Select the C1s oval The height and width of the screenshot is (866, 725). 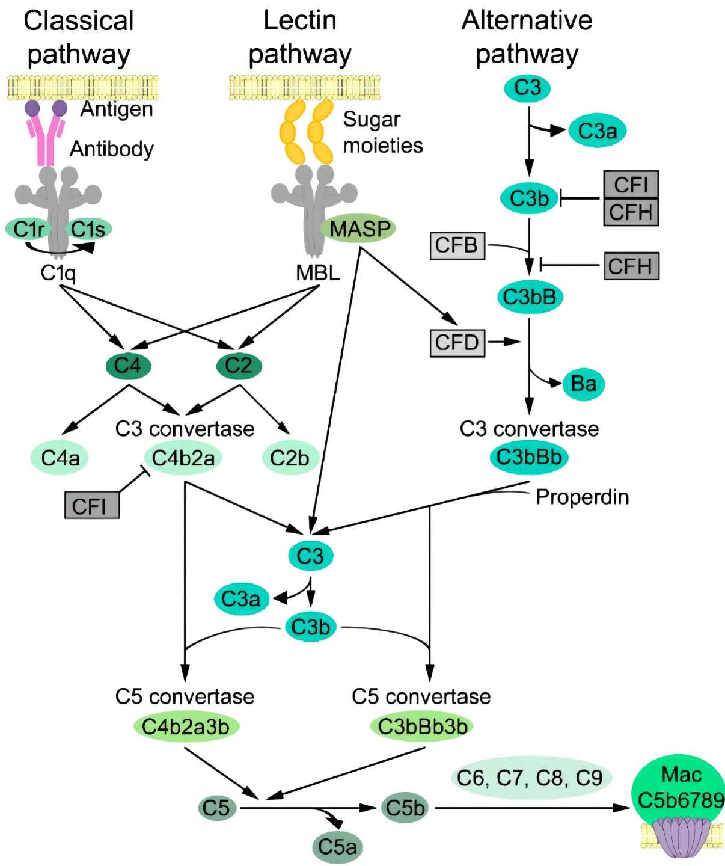(x=89, y=229)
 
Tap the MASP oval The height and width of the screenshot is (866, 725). (x=359, y=229)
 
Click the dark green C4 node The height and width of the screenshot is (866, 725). (x=128, y=366)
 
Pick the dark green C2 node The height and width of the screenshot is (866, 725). (x=238, y=366)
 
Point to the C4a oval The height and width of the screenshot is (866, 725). (x=60, y=458)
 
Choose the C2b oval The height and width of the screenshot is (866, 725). (x=289, y=458)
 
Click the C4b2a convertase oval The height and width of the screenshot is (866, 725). (x=183, y=458)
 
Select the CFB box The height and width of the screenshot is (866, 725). (x=457, y=245)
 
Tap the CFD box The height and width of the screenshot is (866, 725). (x=457, y=343)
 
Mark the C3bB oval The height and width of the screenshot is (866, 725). (x=530, y=296)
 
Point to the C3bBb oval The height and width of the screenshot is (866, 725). (x=529, y=457)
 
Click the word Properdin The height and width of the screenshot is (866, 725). (x=582, y=497)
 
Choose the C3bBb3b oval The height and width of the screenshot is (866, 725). (x=422, y=726)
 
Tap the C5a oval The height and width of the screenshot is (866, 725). (x=337, y=847)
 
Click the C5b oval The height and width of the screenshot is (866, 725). (x=405, y=808)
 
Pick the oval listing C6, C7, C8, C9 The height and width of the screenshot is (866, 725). (x=530, y=778)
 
